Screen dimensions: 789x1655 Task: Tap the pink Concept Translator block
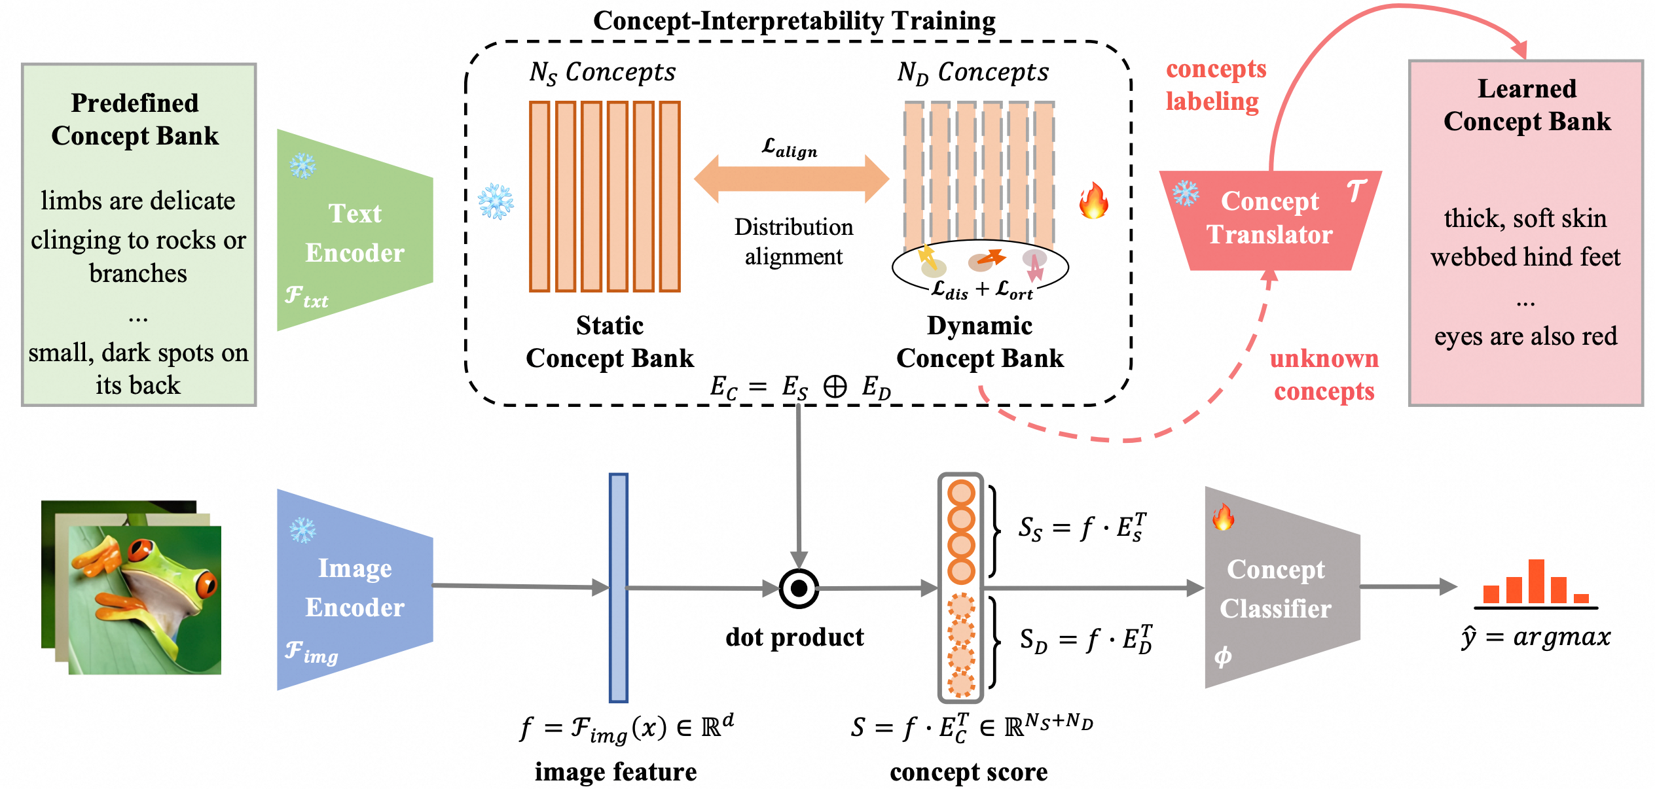pyautogui.click(x=1270, y=220)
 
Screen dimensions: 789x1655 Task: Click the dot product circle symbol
pyautogui.click(x=799, y=589)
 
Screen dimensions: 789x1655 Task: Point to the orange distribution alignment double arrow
pyautogui.click(x=791, y=179)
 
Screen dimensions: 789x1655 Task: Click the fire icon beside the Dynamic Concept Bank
pyautogui.click(x=1094, y=201)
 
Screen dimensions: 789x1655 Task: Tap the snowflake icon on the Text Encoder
pyautogui.click(x=302, y=166)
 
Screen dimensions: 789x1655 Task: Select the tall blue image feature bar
pyautogui.click(x=618, y=587)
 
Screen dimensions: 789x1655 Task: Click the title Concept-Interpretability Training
pyautogui.click(x=794, y=21)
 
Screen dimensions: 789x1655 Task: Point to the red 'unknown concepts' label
pyautogui.click(x=1324, y=375)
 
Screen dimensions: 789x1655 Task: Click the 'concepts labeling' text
pyautogui.click(x=1216, y=85)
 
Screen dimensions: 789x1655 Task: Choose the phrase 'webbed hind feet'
pyautogui.click(x=1525, y=257)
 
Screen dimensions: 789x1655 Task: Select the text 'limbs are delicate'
pyautogui.click(x=137, y=201)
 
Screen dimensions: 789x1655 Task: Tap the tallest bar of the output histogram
pyautogui.click(x=1537, y=581)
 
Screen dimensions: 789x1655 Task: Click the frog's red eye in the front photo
pyautogui.click(x=141, y=548)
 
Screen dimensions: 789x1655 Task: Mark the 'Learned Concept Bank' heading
pyautogui.click(x=1527, y=105)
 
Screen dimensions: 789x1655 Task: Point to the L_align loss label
pyautogui.click(x=790, y=148)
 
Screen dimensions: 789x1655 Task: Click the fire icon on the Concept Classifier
pyautogui.click(x=1222, y=517)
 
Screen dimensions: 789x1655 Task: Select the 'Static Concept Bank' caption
pyautogui.click(x=609, y=342)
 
